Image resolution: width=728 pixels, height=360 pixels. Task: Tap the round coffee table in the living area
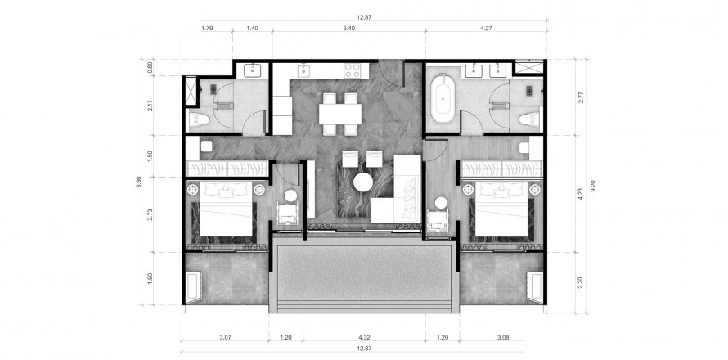coord(362,182)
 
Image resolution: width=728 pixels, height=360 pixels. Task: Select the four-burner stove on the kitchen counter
coord(352,70)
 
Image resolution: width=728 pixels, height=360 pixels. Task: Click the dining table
coord(339,114)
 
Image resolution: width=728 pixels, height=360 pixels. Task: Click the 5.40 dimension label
coord(348,29)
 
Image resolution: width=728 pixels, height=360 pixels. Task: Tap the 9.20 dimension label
coord(592,186)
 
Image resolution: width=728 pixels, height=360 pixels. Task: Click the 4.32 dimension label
coord(364,338)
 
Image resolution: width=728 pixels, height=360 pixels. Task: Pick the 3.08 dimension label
coord(502,338)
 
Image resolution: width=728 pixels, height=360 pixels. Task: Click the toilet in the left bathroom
coord(200,120)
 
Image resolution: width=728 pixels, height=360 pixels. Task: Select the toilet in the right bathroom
coord(528,119)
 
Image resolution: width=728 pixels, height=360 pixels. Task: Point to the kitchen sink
coord(303,70)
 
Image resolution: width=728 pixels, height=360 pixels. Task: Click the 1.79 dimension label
coord(207,29)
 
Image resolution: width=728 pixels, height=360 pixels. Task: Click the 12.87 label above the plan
coord(364,17)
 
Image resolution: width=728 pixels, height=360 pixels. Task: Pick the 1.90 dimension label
coord(150,279)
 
